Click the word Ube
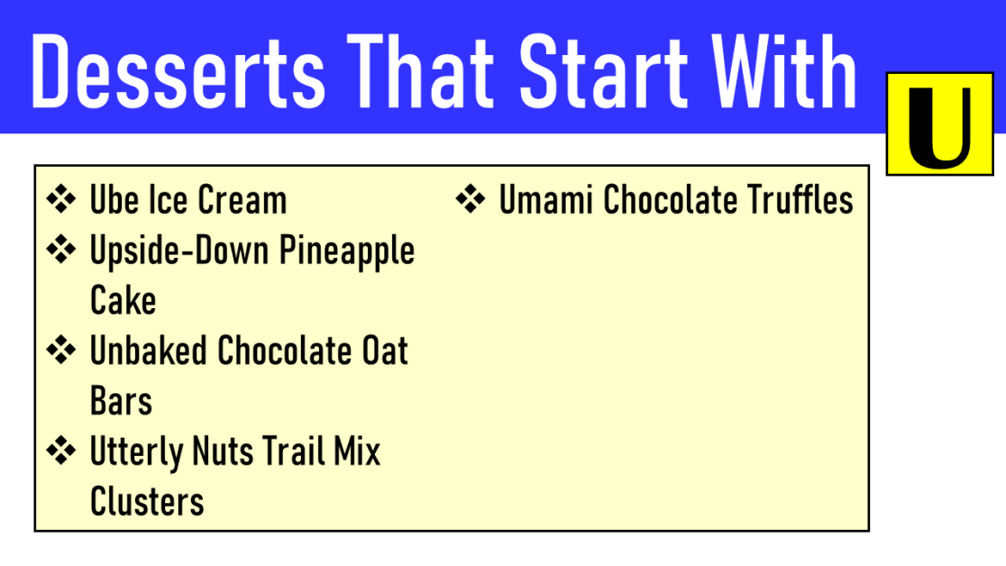click(x=113, y=200)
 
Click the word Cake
click(x=123, y=301)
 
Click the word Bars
click(x=121, y=401)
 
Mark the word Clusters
click(x=147, y=501)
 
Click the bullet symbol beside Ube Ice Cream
click(x=61, y=200)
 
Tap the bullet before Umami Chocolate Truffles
click(x=471, y=200)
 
